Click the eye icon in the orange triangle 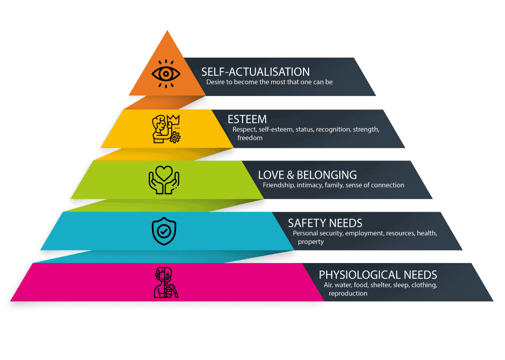166,74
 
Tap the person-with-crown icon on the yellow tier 166,129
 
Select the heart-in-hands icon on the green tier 164,180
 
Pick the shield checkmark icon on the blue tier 164,231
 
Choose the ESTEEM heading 247,120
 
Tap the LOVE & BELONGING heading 307,175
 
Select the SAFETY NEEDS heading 325,223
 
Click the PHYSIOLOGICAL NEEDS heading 378,275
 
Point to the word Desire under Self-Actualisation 216,82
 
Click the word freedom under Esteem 250,138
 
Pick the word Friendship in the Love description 278,185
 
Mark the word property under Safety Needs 311,242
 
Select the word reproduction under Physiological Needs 348,293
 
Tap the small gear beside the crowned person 175,137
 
